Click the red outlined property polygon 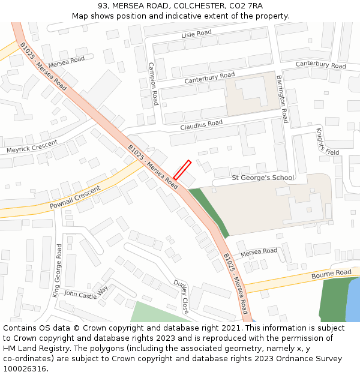(182, 170)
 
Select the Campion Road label (153, 84)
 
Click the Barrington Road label (282, 99)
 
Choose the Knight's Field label (328, 142)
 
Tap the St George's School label (263, 178)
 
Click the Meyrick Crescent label (32, 146)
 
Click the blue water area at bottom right (353, 303)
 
